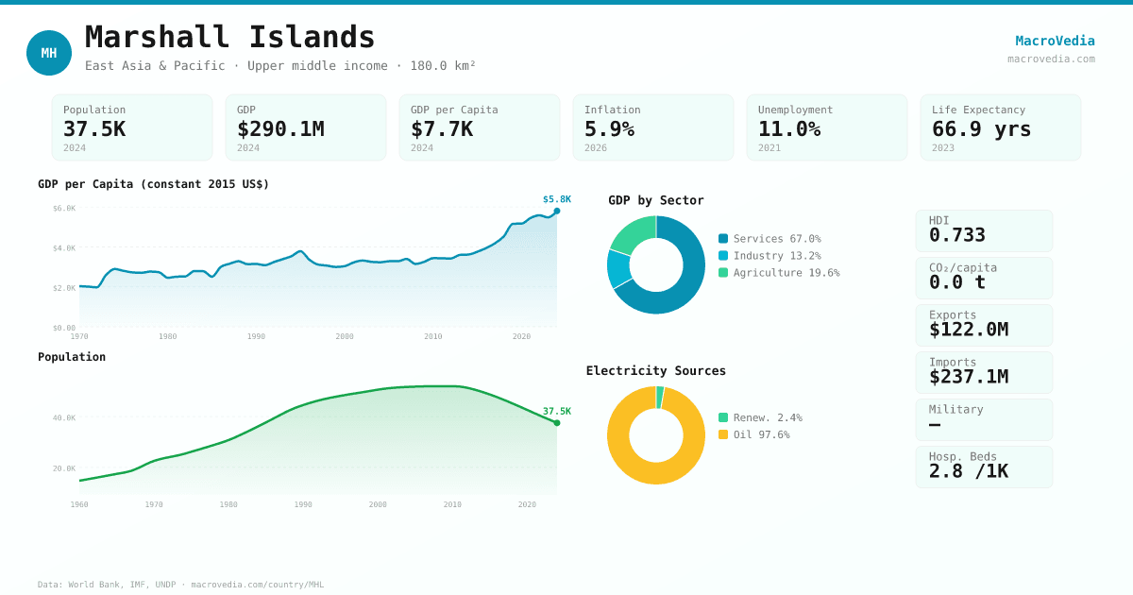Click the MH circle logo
coord(49,53)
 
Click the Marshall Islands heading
coord(230,38)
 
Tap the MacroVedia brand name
coord(1055,41)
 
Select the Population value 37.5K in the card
coord(94,129)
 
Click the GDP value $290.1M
coord(280,129)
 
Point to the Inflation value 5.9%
coord(609,129)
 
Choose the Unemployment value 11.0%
coord(789,129)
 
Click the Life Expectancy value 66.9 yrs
coord(981,129)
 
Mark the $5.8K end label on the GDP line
coord(556,199)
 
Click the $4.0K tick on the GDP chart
coord(64,248)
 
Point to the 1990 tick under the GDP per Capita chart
coord(256,336)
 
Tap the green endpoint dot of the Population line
coord(557,423)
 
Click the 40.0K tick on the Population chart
coord(64,417)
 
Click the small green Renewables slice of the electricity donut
coord(660,397)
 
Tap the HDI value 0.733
coord(956,235)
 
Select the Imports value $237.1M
coord(968,377)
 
